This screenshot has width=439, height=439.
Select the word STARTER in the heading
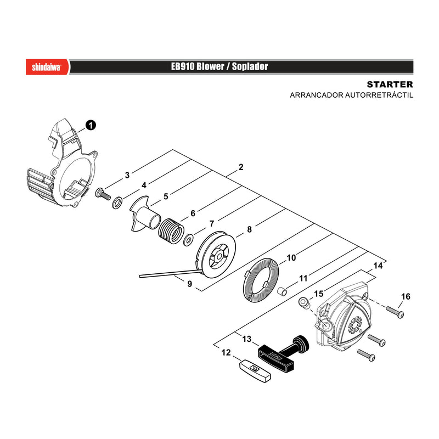tap(390, 85)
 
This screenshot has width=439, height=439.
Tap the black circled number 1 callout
tap(91, 126)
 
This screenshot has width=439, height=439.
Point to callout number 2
tap(241, 167)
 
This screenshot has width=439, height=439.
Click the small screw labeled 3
tap(103, 194)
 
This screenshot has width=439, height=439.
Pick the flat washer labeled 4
tap(117, 202)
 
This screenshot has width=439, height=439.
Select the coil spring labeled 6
tap(171, 231)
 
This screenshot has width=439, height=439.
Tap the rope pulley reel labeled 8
tap(216, 254)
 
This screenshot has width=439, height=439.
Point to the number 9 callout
tap(189, 284)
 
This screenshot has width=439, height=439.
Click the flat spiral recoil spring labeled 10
tap(260, 280)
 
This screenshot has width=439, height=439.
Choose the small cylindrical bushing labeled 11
tap(282, 291)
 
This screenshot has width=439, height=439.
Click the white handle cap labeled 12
tap(255, 371)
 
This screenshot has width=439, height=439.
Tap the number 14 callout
tap(378, 266)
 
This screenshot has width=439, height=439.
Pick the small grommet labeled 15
tap(304, 303)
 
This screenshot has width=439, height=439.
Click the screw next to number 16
tap(395, 312)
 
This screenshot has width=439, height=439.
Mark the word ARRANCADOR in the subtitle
tap(317, 95)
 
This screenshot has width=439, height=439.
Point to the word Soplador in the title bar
tap(250, 66)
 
